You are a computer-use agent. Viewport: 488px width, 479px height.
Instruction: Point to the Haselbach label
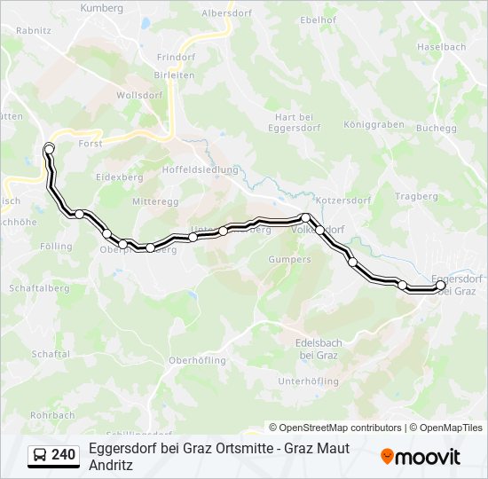click(441, 46)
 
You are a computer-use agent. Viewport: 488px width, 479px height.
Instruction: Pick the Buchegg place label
click(436, 128)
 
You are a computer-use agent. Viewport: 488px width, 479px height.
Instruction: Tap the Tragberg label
click(416, 196)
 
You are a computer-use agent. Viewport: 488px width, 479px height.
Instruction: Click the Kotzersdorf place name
click(341, 200)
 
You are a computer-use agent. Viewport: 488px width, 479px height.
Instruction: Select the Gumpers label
click(289, 260)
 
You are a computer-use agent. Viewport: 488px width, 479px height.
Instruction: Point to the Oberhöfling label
click(197, 360)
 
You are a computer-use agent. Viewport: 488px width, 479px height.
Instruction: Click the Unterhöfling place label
click(309, 381)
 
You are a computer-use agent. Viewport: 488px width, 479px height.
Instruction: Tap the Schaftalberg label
click(38, 288)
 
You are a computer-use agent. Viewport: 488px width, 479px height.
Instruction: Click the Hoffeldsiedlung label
click(201, 169)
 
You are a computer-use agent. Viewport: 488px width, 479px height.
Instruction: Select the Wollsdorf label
click(137, 94)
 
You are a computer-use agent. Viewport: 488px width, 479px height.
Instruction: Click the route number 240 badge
click(63, 455)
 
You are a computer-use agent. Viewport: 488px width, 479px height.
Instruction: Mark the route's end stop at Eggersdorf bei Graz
click(440, 286)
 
